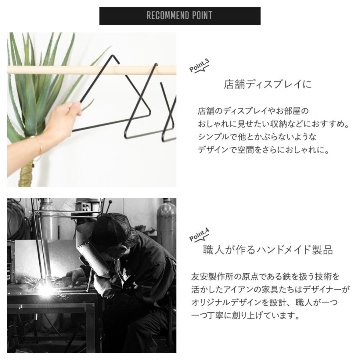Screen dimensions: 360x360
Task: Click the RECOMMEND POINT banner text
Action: (x=180, y=16)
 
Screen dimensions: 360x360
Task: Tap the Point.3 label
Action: (x=199, y=66)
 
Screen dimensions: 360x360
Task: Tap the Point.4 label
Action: (x=199, y=235)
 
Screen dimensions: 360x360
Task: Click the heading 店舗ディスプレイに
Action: (x=268, y=85)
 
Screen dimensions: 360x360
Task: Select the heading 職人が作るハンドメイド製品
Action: (x=268, y=250)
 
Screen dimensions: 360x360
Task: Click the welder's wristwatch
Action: (x=109, y=295)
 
